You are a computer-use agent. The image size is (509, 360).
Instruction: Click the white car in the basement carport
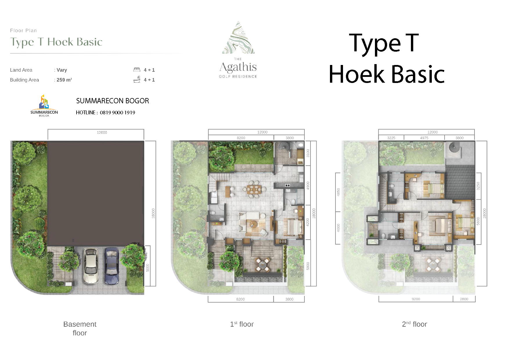[x=91, y=266]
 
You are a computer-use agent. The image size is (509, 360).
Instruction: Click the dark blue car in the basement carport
[x=112, y=266]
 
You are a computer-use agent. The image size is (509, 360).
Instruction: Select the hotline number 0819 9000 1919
[x=118, y=113]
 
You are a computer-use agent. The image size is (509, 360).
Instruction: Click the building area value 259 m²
[x=64, y=80]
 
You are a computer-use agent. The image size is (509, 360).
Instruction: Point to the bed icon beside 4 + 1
[x=137, y=70]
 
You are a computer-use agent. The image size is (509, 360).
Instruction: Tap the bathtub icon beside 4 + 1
[x=137, y=79]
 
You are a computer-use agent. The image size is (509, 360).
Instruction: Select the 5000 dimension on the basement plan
[x=148, y=267]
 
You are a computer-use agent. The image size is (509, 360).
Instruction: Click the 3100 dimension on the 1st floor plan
[x=308, y=153]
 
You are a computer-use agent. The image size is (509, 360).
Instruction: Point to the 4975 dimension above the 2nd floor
[x=424, y=138]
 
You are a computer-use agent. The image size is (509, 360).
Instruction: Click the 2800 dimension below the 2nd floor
[x=464, y=299]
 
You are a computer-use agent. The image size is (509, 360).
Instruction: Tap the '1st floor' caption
[x=242, y=324]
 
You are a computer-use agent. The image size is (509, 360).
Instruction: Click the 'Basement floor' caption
[x=80, y=328]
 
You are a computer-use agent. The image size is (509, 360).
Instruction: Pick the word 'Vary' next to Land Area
[x=62, y=70]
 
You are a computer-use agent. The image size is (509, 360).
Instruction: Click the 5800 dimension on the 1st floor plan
[x=308, y=266]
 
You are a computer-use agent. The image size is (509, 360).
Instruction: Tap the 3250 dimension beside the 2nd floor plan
[x=478, y=186]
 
